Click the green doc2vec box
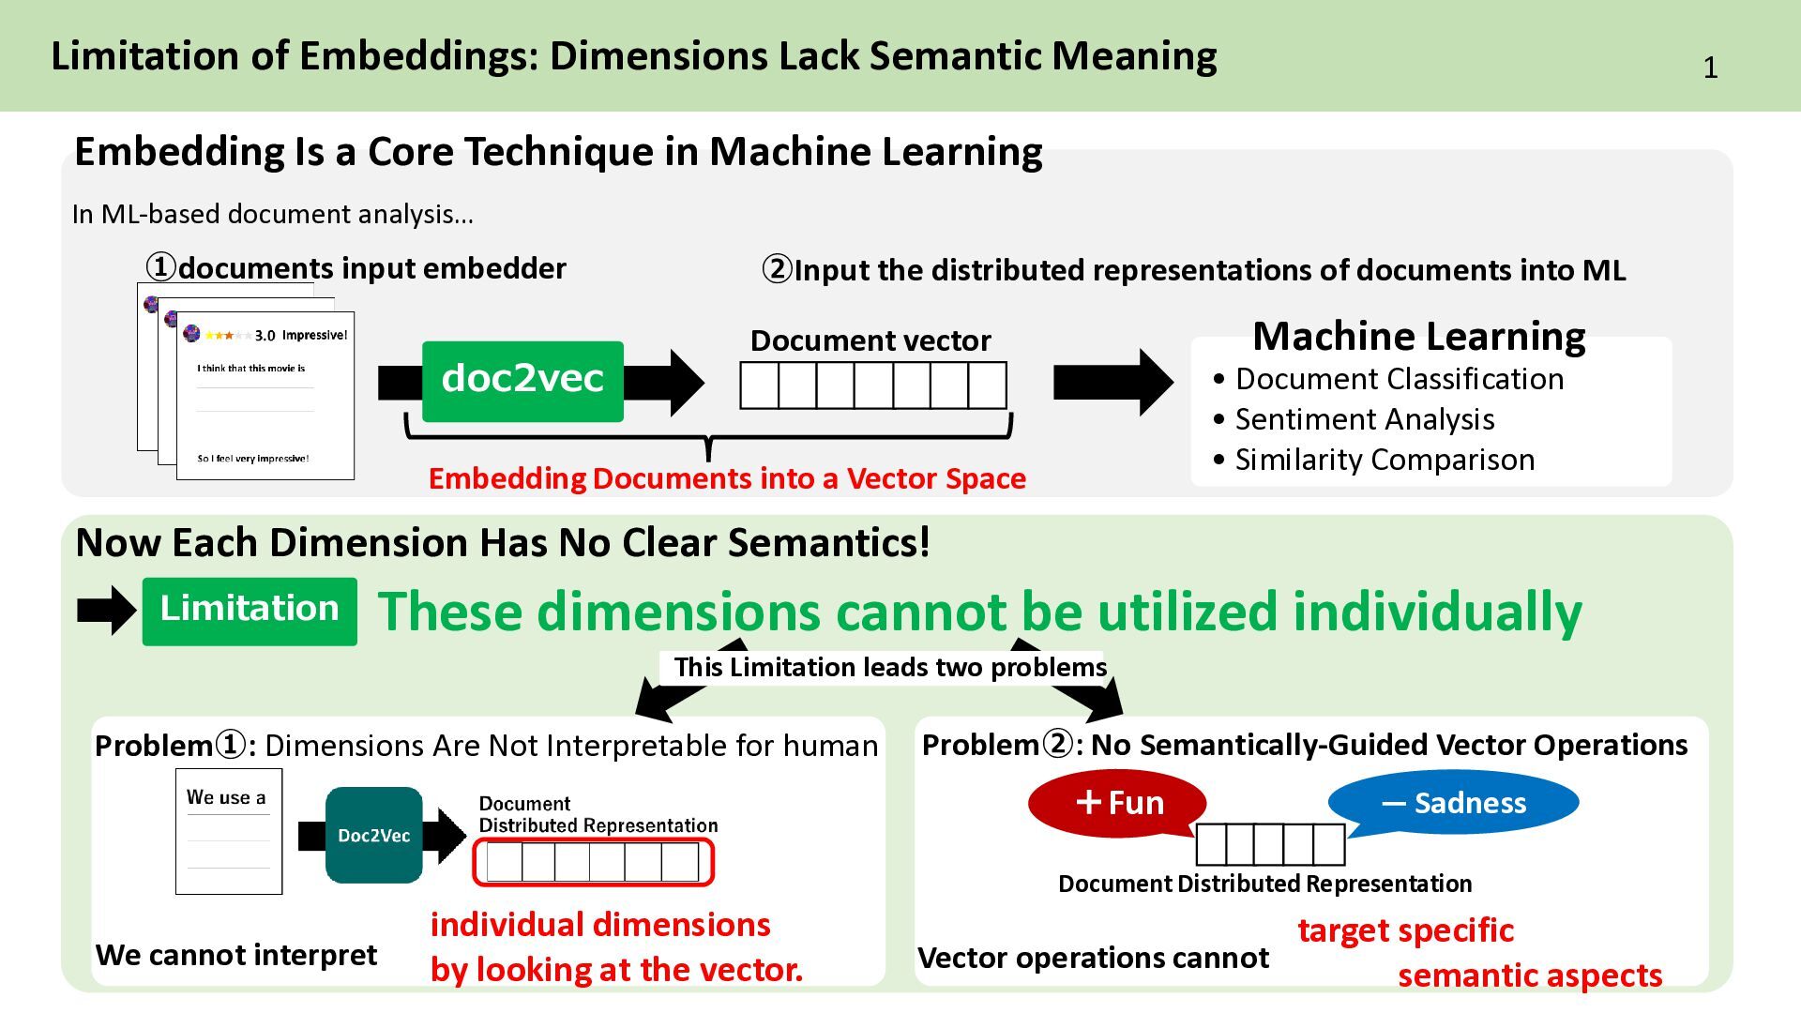(522, 381)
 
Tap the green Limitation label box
(250, 612)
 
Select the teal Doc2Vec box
(374, 835)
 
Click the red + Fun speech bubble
(1117, 803)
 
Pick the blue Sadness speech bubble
(1453, 803)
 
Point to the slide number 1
(1710, 68)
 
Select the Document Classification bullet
(1388, 379)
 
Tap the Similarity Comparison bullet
(1373, 460)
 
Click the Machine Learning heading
(1419, 336)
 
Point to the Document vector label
(870, 340)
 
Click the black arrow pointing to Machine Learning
(1113, 382)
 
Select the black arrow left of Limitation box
(107, 611)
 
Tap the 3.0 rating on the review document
(265, 336)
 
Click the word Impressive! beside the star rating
(315, 335)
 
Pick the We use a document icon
(229, 831)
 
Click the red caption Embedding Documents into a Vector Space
(727, 478)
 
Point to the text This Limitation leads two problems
(890, 667)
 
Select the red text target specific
(1405, 930)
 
